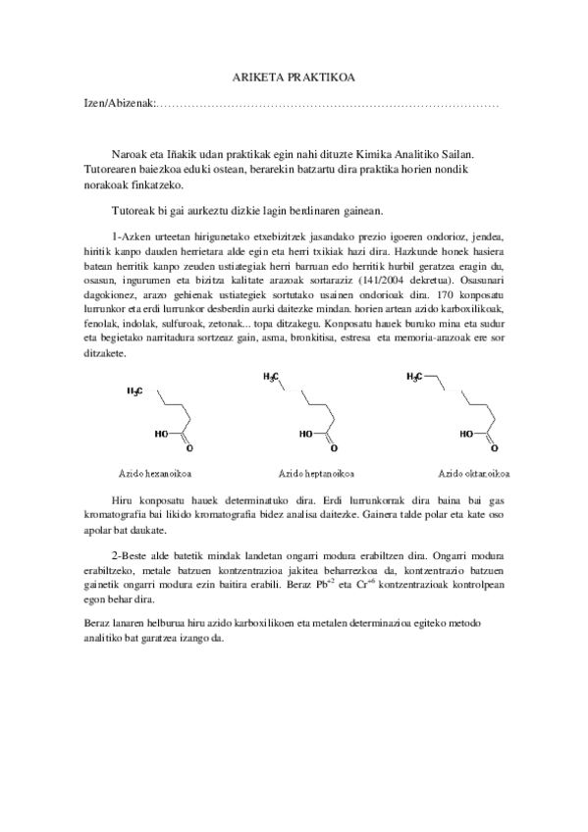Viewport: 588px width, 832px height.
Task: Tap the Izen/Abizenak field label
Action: pyautogui.click(x=115, y=104)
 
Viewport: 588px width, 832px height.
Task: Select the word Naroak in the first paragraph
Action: pyautogui.click(x=133, y=154)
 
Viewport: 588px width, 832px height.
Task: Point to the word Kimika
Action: pyautogui.click(x=385, y=154)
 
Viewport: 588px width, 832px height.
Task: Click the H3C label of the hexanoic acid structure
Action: pyautogui.click(x=135, y=393)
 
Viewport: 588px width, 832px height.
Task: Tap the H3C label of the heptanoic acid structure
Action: pyautogui.click(x=272, y=377)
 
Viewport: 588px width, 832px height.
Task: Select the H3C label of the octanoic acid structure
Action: pyautogui.click(x=417, y=377)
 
